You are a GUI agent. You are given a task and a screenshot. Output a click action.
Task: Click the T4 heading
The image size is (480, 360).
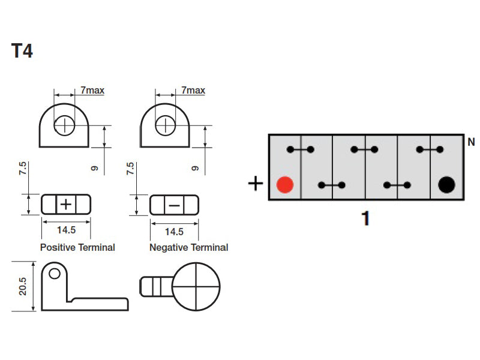click(x=22, y=50)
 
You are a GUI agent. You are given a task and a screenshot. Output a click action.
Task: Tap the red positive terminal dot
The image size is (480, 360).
click(x=285, y=185)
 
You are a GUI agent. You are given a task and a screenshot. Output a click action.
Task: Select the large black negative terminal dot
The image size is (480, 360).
click(x=446, y=185)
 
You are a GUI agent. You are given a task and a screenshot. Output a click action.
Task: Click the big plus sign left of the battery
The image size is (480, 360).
click(x=256, y=184)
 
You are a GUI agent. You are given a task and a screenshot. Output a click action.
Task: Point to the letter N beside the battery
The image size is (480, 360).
click(x=471, y=142)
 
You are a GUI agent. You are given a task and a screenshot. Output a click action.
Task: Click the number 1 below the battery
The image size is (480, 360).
click(x=365, y=218)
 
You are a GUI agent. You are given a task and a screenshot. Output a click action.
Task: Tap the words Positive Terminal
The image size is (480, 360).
click(x=77, y=247)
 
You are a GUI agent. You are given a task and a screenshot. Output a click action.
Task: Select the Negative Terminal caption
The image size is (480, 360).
click(x=188, y=247)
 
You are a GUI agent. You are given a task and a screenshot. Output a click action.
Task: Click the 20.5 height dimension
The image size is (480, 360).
click(x=23, y=287)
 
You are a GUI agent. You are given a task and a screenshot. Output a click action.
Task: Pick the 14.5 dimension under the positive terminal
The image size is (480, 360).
click(x=66, y=230)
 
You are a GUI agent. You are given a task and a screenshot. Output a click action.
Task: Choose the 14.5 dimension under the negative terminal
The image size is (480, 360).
click(x=174, y=232)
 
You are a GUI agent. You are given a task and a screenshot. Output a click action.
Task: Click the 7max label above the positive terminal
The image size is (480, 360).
click(x=92, y=91)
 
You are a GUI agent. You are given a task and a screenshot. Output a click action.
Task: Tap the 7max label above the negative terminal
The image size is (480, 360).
click(x=193, y=91)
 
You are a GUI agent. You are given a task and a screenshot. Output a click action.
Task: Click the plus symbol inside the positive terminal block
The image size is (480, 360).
click(x=66, y=205)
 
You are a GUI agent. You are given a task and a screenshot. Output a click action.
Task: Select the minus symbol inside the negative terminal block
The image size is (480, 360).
click(x=174, y=205)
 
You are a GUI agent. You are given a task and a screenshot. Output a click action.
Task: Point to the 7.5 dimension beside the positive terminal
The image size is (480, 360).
click(x=23, y=169)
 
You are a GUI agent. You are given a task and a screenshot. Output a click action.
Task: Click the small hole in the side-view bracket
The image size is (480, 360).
click(x=55, y=274)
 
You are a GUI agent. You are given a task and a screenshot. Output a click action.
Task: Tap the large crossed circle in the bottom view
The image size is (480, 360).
click(x=196, y=287)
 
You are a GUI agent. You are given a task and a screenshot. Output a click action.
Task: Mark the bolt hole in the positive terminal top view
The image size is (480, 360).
click(x=64, y=125)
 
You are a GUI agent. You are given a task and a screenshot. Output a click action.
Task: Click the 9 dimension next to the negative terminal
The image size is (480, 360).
click(x=194, y=168)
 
